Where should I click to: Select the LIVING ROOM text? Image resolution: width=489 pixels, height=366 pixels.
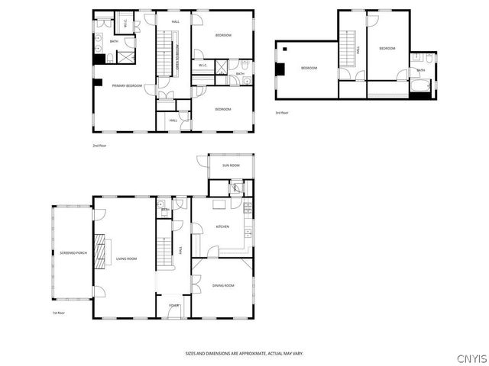(126, 258)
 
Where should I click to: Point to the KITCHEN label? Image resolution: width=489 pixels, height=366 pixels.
(222, 227)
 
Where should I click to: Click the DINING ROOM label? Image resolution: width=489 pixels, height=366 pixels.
(223, 285)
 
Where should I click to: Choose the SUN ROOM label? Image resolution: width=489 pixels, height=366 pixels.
(231, 165)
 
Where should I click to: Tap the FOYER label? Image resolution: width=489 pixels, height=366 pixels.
(173, 307)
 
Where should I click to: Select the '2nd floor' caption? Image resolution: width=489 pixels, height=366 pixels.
(99, 144)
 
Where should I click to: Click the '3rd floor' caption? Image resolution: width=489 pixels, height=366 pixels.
(282, 113)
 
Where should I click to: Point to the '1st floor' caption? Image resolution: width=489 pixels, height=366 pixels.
(58, 313)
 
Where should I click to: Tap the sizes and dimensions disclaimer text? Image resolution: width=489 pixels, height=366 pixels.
(254, 353)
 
